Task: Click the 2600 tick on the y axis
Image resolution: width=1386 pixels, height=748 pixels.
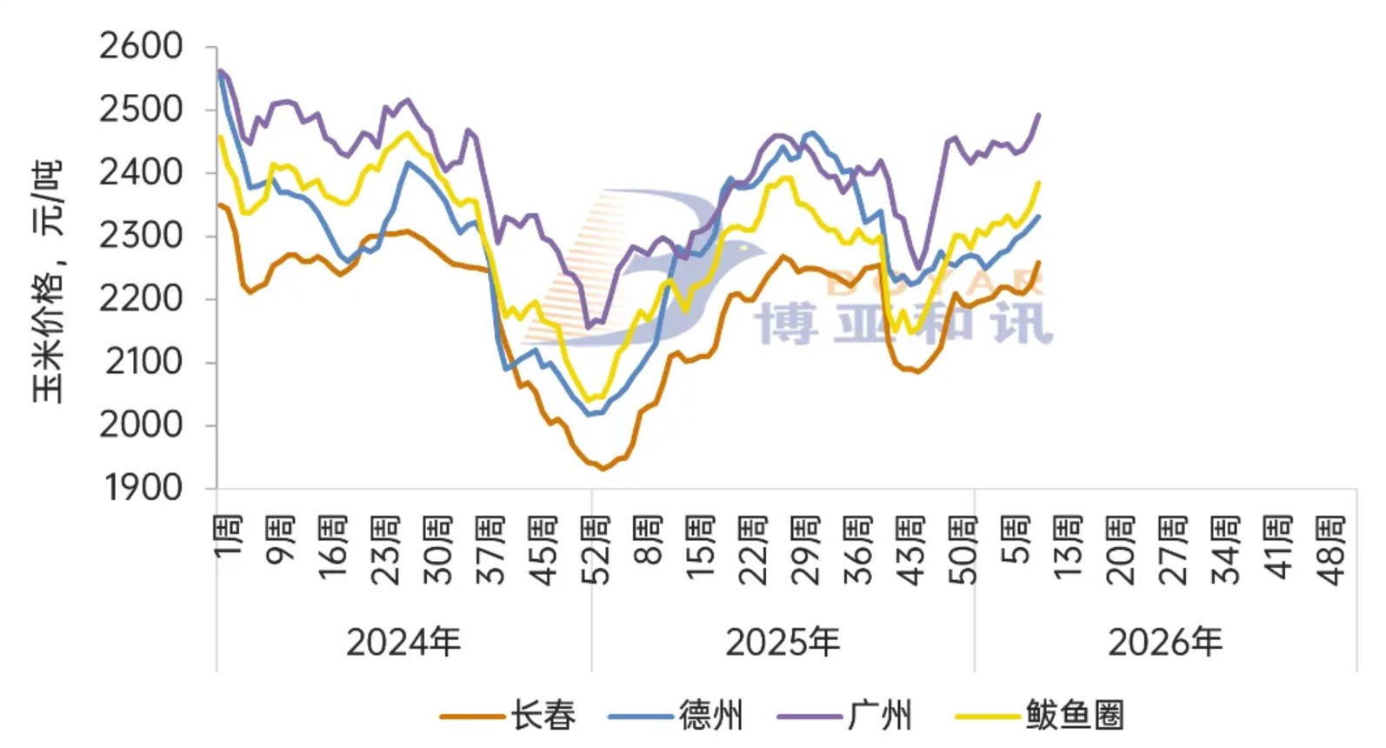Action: [x=141, y=46]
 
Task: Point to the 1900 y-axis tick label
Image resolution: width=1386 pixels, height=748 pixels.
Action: [x=143, y=489]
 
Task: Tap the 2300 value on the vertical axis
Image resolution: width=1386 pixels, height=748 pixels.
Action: [x=141, y=236]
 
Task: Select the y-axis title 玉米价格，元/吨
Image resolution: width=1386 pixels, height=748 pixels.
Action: [x=49, y=281]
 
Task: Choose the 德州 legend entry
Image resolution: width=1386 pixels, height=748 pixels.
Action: [x=676, y=716]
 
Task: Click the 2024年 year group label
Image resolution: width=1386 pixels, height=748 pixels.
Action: [x=403, y=643]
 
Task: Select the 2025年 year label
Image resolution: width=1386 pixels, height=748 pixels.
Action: [x=783, y=643]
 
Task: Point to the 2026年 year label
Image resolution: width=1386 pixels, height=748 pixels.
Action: [x=1165, y=643]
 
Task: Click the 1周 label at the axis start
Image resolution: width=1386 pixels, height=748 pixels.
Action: [x=228, y=537]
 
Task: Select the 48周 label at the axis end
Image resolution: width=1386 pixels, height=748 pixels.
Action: [x=1332, y=549]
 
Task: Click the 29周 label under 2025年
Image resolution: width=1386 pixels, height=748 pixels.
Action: [x=807, y=549]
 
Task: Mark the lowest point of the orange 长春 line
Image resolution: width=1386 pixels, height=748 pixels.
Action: [x=602, y=469]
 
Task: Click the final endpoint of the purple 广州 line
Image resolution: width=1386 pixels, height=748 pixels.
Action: [x=1039, y=115]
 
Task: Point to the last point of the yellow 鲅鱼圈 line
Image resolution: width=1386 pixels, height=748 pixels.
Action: [x=1039, y=183]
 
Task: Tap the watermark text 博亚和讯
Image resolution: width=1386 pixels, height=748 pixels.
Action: [x=904, y=324]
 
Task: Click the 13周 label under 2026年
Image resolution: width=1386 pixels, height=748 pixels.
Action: [x=1069, y=549]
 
